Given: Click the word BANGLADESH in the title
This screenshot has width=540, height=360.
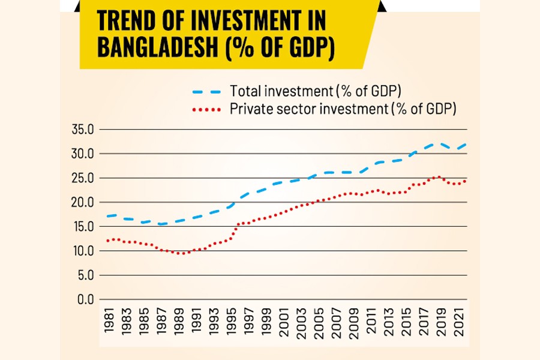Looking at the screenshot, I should (157, 47).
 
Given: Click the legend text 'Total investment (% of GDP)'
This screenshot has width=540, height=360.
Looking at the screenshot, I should (315, 92).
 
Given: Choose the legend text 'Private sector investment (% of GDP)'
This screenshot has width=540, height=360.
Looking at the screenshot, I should (343, 109).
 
